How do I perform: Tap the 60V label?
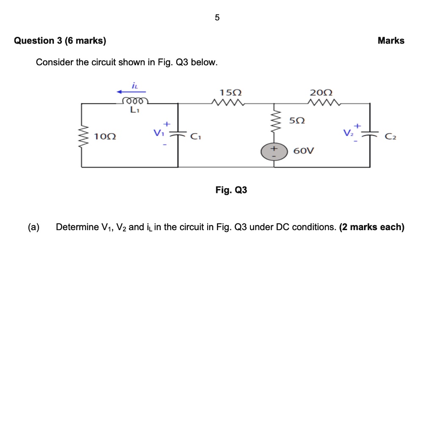coord(304,151)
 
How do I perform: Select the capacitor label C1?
coord(195,136)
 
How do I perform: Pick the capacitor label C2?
coord(390,137)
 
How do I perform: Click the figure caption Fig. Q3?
coord(231,190)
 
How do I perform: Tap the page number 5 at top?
coord(217,18)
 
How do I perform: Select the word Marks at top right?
coord(391,41)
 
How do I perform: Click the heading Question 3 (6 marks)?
coord(60,41)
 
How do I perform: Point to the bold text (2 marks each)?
coord(372,227)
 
